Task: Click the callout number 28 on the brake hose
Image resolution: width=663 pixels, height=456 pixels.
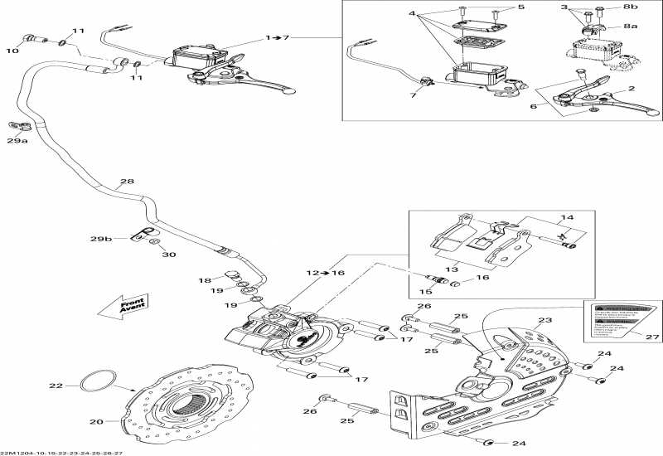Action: tap(126, 182)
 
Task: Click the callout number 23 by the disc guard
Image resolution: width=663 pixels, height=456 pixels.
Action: tap(544, 321)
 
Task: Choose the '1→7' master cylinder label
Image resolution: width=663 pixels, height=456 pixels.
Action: tap(278, 38)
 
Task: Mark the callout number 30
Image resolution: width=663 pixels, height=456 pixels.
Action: tap(168, 255)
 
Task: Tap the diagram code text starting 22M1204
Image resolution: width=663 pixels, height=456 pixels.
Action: tap(61, 452)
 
